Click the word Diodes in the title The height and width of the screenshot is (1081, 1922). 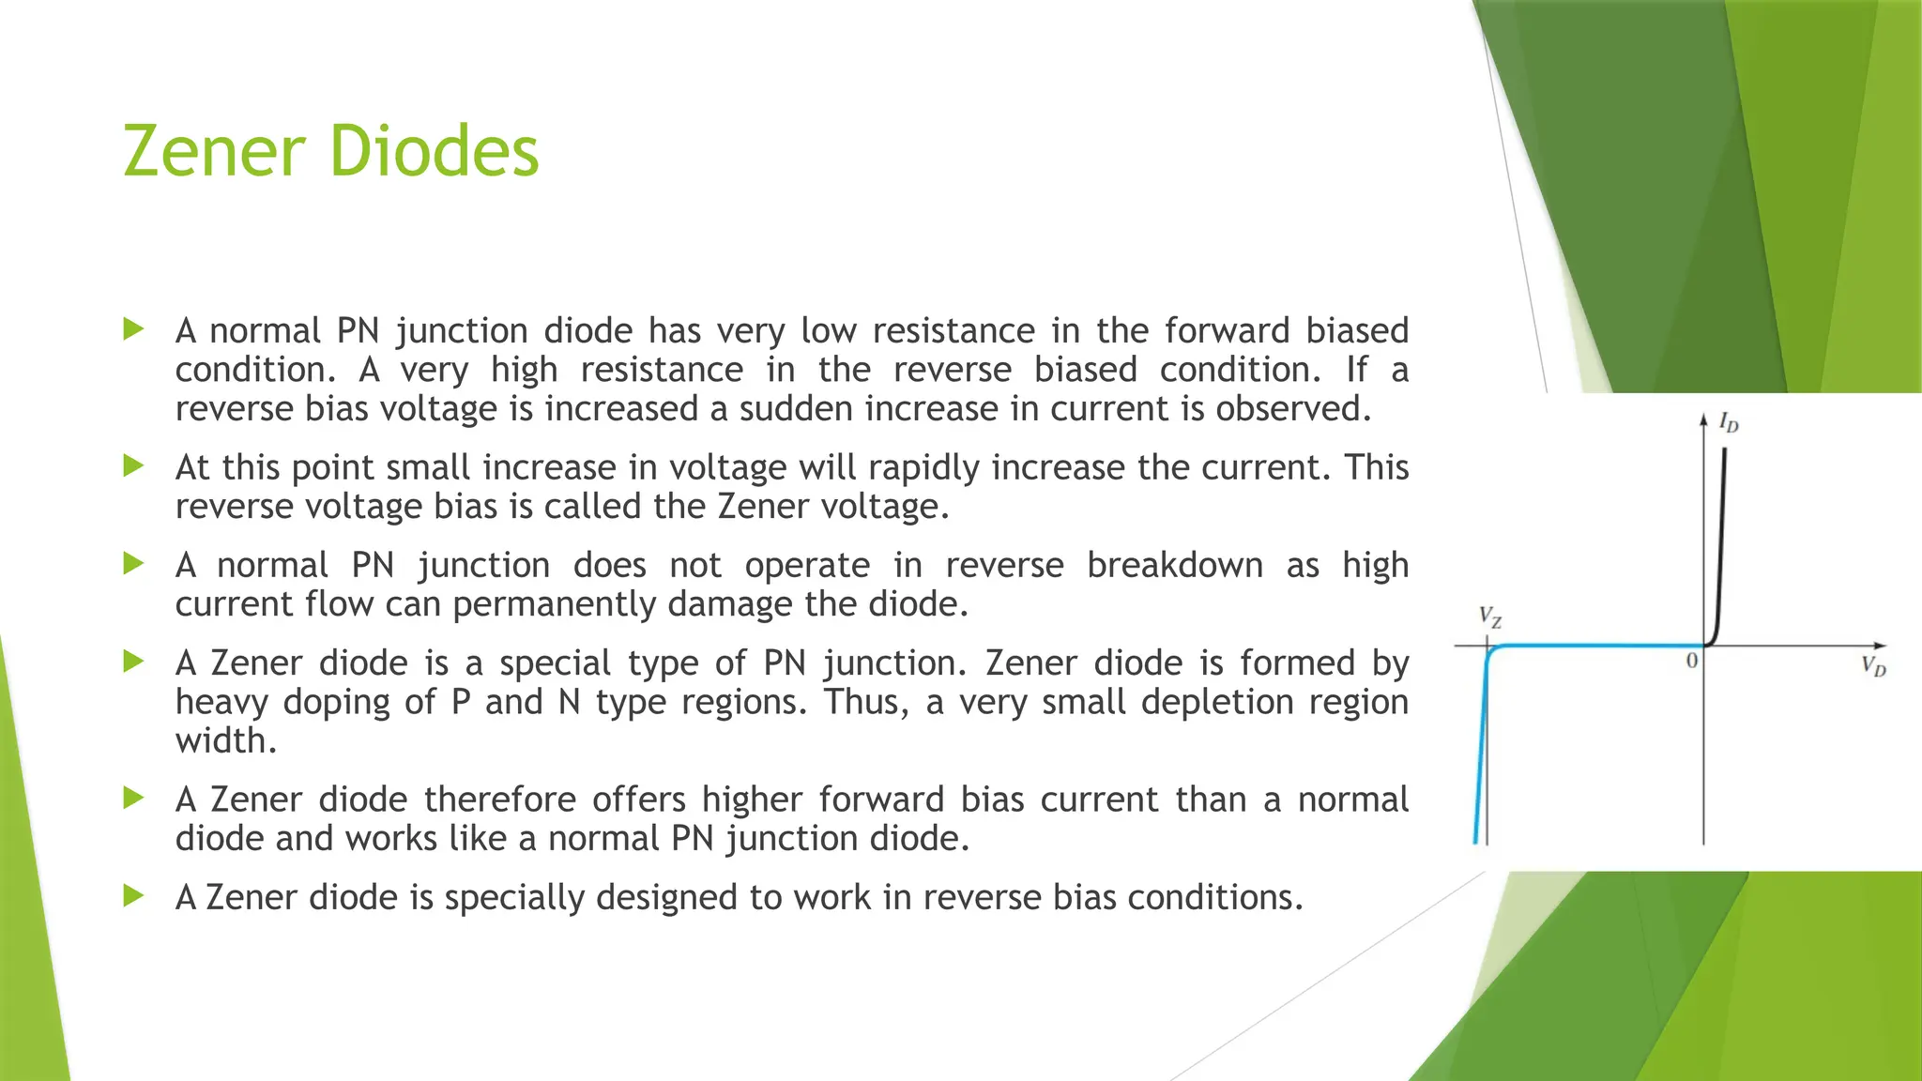(435, 151)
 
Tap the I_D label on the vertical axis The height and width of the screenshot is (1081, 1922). (1729, 423)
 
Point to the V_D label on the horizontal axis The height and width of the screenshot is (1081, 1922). (1873, 667)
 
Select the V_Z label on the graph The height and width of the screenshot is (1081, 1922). (1490, 617)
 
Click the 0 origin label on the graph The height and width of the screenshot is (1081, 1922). (1691, 662)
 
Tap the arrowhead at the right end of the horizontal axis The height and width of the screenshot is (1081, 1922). (1879, 646)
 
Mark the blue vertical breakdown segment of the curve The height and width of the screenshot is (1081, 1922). (1481, 751)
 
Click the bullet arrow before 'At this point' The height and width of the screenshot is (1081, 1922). (133, 465)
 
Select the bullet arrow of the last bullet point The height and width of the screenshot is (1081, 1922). (133, 895)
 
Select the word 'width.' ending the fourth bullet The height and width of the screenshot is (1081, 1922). (226, 741)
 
